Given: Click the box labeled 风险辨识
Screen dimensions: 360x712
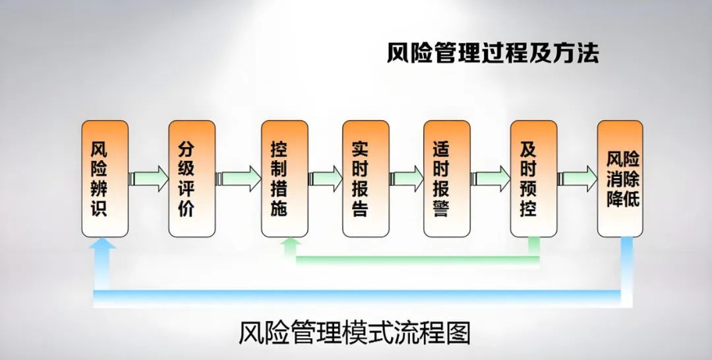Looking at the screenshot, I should click(105, 179).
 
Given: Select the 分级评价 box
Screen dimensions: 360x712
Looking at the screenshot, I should click(192, 179).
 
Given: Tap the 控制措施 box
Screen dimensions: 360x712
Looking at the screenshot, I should click(284, 179).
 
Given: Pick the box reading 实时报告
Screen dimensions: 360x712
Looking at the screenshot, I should click(366, 179).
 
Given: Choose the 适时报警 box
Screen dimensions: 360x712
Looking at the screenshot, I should click(447, 179).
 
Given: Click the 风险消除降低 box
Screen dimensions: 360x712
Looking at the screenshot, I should click(620, 179).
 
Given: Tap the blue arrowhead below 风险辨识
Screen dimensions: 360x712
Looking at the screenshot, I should click(104, 246).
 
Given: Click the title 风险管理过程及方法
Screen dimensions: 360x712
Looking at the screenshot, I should click(492, 53).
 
